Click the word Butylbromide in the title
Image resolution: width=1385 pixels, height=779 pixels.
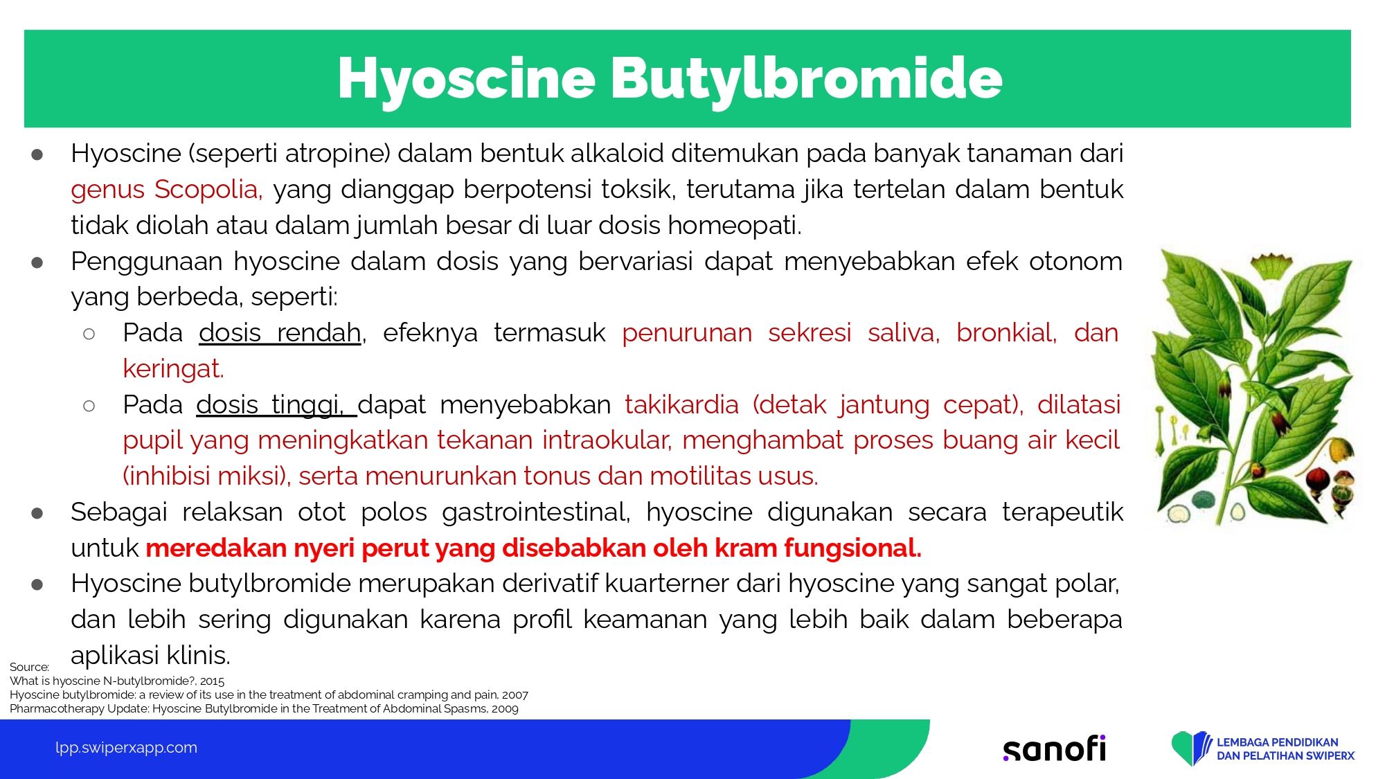(807, 79)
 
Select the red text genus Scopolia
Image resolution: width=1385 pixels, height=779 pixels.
(166, 190)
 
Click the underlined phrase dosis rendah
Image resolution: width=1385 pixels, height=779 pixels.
(280, 333)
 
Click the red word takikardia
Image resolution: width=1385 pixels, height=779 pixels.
(681, 404)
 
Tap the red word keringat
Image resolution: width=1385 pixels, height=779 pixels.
(173, 369)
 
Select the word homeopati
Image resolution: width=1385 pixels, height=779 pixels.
(734, 226)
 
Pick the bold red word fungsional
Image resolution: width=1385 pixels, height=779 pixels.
(852, 548)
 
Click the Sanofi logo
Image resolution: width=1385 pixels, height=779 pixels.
(1055, 748)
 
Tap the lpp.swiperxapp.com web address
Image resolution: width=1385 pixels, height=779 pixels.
(126, 748)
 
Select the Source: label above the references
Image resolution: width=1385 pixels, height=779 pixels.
(29, 667)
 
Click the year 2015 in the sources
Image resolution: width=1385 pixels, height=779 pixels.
(212, 681)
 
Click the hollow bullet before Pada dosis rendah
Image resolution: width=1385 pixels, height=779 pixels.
(89, 334)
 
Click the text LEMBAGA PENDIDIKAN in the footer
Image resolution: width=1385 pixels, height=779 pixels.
(1278, 742)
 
